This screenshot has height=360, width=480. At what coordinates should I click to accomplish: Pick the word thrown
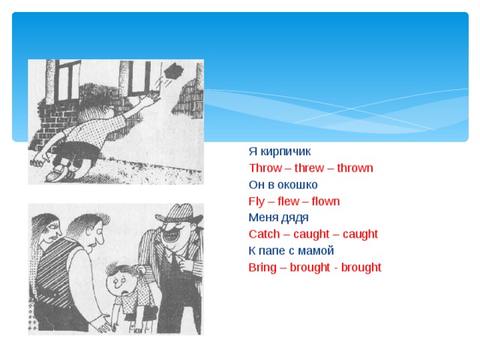pyautogui.click(x=355, y=168)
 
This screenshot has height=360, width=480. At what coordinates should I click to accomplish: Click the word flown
pyautogui.click(x=325, y=201)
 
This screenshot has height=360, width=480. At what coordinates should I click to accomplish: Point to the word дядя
pyautogui.click(x=294, y=217)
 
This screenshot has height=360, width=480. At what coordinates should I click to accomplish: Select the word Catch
pyautogui.click(x=263, y=234)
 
